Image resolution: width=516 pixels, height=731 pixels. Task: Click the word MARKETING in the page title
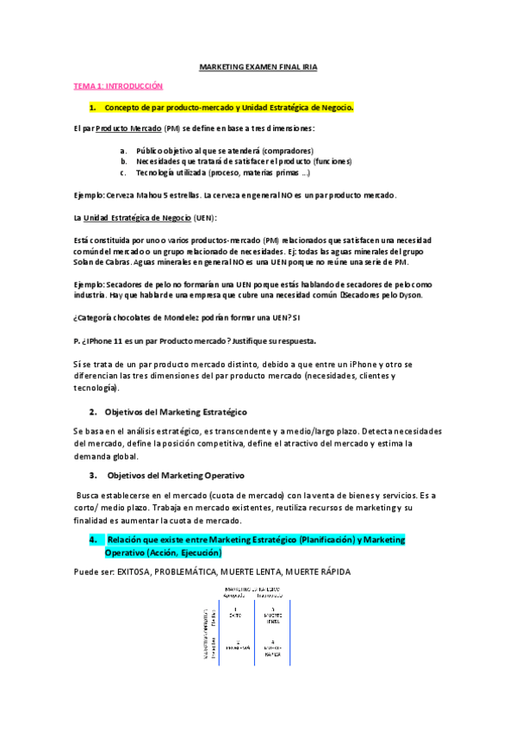tap(221, 66)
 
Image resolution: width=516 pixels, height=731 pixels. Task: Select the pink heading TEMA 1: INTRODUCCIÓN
tap(117, 86)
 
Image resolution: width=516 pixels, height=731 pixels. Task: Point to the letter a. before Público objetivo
tap(123, 150)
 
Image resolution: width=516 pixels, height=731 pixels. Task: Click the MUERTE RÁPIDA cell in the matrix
tap(272, 647)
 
